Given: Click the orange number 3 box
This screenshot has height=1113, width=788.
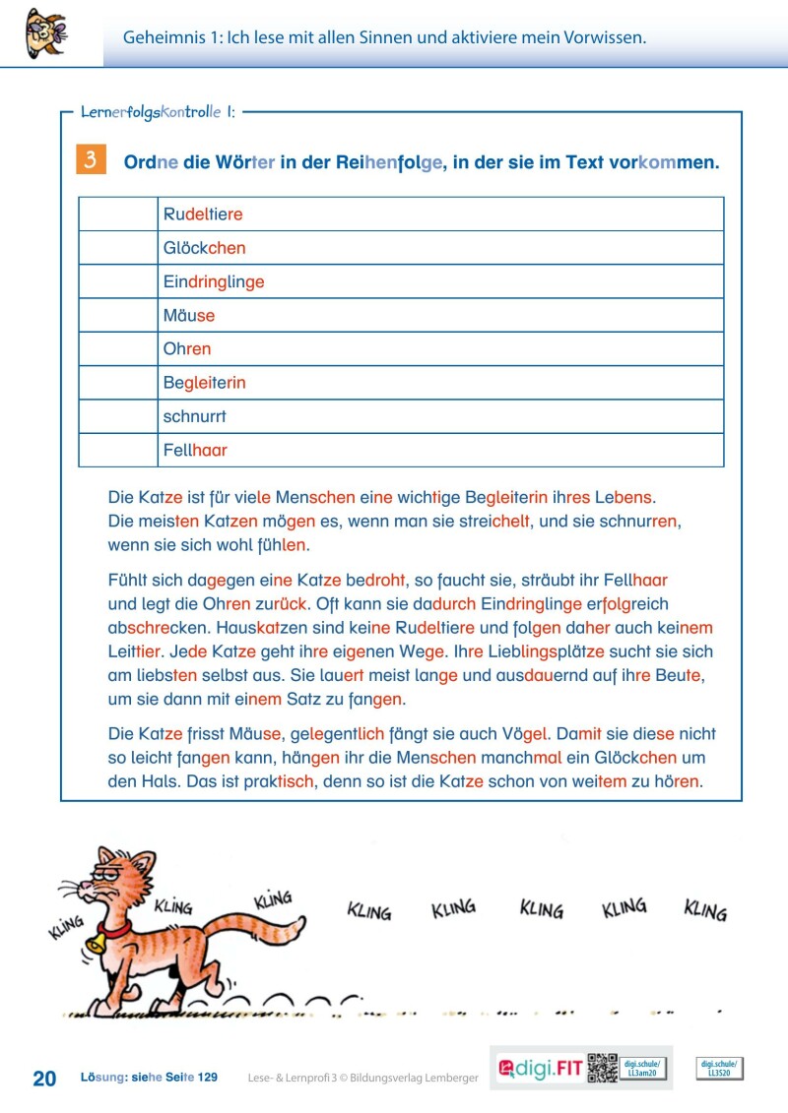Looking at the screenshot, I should click(90, 160).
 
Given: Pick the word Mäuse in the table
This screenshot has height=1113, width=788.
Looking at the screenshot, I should click(189, 316).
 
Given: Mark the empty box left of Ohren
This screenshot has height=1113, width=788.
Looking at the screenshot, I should click(117, 349).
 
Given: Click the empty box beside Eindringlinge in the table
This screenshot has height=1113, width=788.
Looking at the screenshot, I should click(117, 281).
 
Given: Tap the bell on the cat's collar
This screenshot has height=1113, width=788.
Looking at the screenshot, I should click(97, 944).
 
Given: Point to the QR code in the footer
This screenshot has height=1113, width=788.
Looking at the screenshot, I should click(602, 1068).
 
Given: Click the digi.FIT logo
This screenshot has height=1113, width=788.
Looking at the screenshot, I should click(541, 1069).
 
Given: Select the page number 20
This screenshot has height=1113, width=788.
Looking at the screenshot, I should click(44, 1079).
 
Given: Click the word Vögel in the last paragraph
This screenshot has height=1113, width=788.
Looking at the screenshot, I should click(524, 734).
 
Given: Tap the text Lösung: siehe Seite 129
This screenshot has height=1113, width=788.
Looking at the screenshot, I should click(149, 1078).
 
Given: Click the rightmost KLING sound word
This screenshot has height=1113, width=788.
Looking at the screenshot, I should click(705, 909).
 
